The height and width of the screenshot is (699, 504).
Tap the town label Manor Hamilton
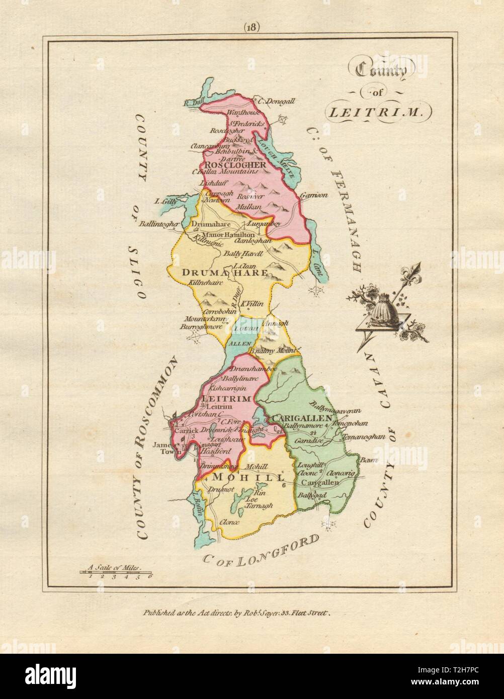coord(226,235)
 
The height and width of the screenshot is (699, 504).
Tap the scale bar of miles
coord(116,572)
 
